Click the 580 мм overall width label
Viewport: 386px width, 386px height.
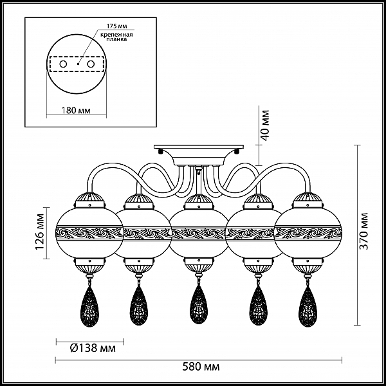coord(201,367)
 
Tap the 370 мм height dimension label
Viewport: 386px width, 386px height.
coord(363,231)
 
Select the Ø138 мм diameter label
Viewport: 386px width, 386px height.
coord(93,348)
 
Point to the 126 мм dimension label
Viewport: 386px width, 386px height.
coord(40,232)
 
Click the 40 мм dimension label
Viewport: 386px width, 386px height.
coord(265,125)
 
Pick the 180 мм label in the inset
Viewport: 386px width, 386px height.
coord(75,110)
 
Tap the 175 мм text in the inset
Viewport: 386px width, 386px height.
coord(116,26)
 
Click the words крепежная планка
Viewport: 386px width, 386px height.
coord(116,37)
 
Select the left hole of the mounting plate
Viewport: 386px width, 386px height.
coord(63,64)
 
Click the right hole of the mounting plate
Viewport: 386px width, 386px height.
coord(91,64)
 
